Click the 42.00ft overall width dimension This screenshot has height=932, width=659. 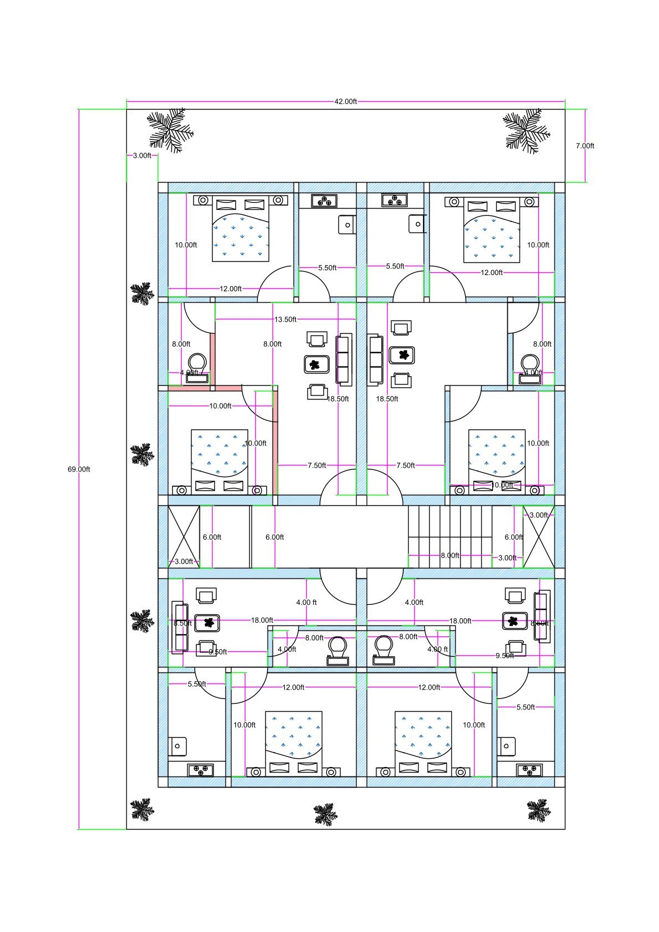[345, 101]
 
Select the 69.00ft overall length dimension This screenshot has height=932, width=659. [79, 469]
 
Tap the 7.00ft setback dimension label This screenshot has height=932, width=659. [584, 146]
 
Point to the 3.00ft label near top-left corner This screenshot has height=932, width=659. [142, 156]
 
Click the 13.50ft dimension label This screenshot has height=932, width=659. [285, 319]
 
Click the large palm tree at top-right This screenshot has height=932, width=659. [526, 131]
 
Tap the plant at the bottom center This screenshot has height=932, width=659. [326, 815]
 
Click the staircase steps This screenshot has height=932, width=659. [450, 536]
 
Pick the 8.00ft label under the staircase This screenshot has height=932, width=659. [450, 555]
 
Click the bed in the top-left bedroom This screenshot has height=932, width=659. [240, 229]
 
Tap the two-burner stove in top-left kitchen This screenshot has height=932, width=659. [324, 200]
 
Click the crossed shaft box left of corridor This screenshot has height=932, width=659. [183, 536]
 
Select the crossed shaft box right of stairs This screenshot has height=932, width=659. [538, 536]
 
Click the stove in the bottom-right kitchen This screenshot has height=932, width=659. [529, 769]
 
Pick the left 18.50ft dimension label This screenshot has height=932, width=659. [338, 398]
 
